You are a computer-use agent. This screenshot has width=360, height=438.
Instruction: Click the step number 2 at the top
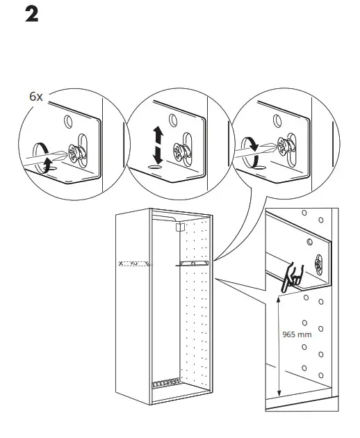pyautogui.click(x=31, y=14)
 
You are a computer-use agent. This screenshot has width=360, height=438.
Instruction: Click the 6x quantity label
pyautogui.click(x=36, y=97)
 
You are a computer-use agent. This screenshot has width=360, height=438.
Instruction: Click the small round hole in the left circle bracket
pyautogui.click(x=68, y=122)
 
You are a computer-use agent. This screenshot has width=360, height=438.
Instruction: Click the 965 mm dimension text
pyautogui.click(x=297, y=334)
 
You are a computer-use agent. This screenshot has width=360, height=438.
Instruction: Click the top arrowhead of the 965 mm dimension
pyautogui.click(x=279, y=298)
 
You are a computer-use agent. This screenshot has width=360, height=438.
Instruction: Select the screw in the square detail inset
pyautogui.click(x=318, y=263)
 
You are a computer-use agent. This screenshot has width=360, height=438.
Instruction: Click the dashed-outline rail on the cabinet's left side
pyautogui.click(x=135, y=263)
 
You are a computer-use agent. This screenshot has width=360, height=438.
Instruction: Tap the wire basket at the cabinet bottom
pyautogui.click(x=165, y=383)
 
